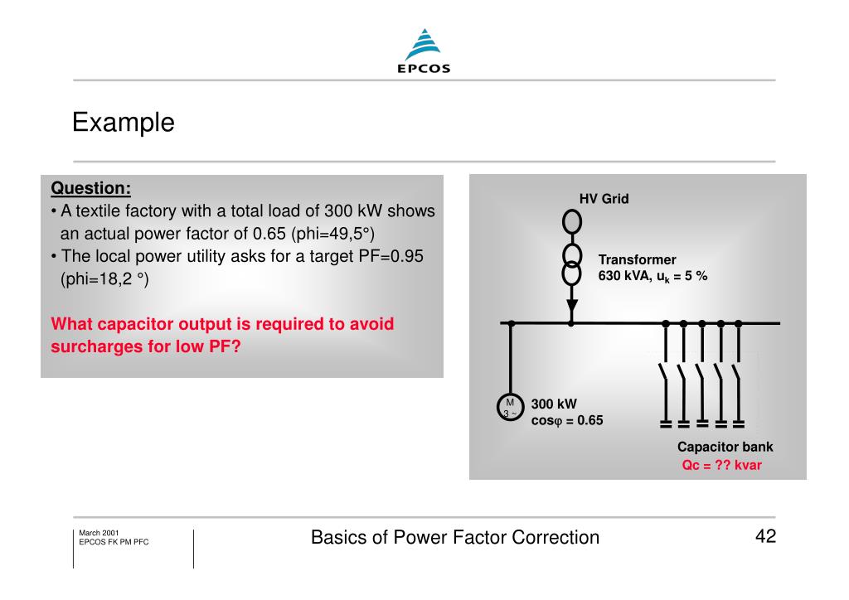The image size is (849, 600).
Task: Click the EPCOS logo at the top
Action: point(423,51)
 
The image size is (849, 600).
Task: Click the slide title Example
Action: point(123,123)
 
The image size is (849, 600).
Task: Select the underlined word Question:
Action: point(91,188)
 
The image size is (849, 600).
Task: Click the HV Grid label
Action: point(604,199)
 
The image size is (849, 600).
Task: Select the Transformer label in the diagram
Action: point(637,259)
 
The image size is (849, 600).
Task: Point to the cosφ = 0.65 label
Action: point(567,420)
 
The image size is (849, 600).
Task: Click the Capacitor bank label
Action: point(725,448)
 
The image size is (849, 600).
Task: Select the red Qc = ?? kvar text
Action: point(721,465)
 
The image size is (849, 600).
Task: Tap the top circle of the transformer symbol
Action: point(571,221)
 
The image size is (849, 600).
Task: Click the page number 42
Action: point(765,536)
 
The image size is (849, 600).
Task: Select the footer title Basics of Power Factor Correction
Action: point(454,538)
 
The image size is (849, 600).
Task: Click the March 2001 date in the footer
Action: point(99,532)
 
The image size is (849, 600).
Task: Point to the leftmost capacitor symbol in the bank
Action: point(665,423)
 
